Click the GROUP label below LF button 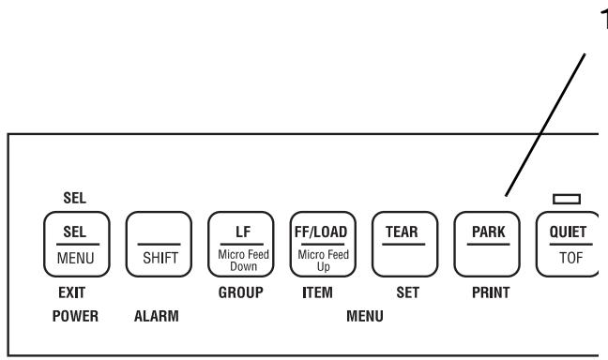coord(236,292)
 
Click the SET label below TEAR coord(406,292)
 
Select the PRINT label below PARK coord(488,292)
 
